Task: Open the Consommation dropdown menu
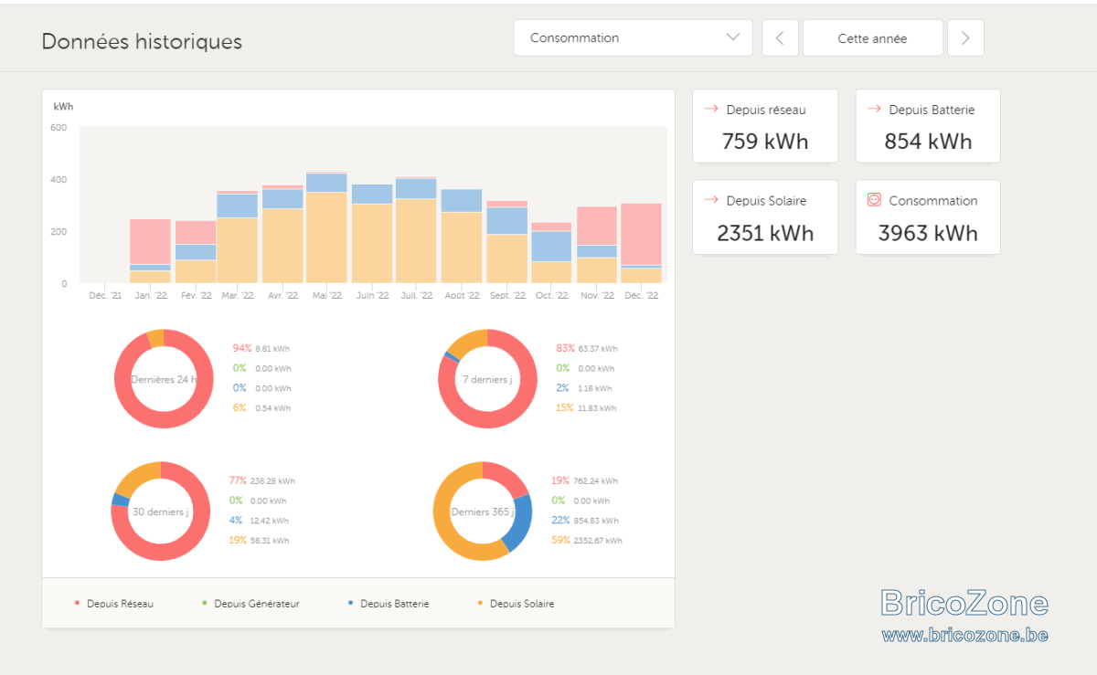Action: (633, 37)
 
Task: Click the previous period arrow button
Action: (780, 37)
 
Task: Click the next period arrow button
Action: (965, 37)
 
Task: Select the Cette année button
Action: (873, 37)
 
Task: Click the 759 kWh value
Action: (765, 142)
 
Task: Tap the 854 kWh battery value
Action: (928, 142)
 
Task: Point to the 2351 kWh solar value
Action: (765, 233)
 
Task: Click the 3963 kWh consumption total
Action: (928, 233)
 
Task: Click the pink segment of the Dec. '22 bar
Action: (641, 235)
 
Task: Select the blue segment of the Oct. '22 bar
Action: (551, 247)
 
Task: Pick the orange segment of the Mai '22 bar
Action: (326, 237)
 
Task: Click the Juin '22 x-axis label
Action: (372, 295)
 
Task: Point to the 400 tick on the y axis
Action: (59, 180)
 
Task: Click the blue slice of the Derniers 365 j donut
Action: (519, 522)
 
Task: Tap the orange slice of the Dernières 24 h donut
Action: (156, 338)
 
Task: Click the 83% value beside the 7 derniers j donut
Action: (565, 348)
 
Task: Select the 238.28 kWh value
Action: (272, 480)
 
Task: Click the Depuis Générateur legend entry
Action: (251, 604)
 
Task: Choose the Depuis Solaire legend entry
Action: (517, 604)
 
